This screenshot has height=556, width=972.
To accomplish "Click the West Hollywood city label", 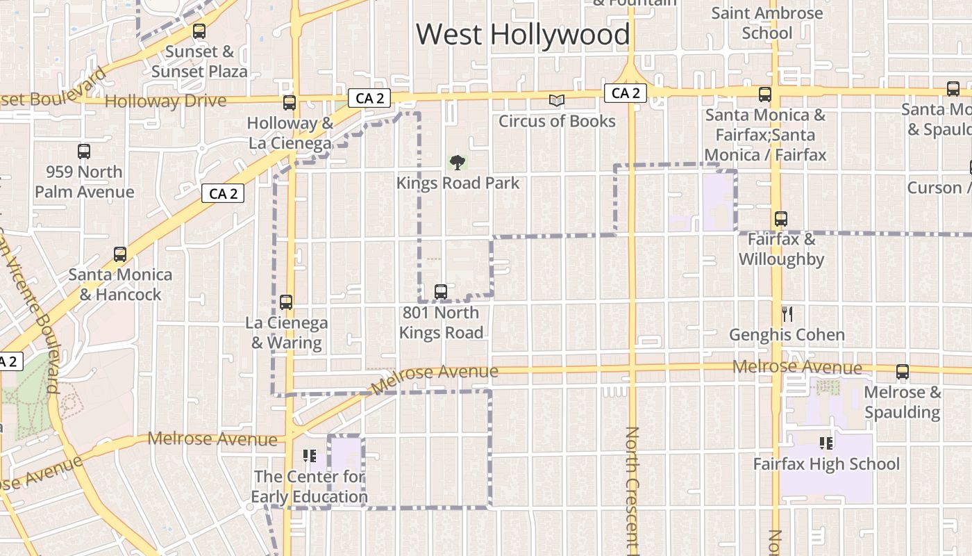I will coord(523,34).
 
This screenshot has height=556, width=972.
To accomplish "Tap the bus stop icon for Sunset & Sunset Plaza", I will coord(199,31).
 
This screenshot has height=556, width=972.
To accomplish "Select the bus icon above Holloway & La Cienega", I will coord(290,103).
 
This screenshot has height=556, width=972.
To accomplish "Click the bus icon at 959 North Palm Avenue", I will coord(84,151).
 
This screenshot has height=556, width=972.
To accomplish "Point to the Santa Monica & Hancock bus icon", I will coord(120,254).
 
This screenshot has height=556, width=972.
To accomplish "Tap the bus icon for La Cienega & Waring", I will coord(285,302).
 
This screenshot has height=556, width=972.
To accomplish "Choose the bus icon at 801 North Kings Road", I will coord(441,292).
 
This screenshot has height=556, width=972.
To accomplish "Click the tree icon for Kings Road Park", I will coord(457,163).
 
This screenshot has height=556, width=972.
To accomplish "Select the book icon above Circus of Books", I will coord(557,101).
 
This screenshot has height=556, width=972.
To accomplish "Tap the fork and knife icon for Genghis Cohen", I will coord(787,314).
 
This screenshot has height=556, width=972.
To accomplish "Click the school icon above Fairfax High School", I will coord(826,443).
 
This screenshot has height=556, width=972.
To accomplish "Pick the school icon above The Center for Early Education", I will coord(310,456).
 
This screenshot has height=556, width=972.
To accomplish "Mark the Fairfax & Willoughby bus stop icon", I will coord(781,219).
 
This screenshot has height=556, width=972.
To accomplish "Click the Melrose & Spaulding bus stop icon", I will coord(903,372).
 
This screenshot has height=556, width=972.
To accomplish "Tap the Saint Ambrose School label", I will coord(767,23).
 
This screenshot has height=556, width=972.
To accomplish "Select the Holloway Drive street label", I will coord(165,101).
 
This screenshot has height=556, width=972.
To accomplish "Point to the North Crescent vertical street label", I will coord(631,490).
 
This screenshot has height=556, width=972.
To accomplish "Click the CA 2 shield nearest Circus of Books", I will coord(625,93).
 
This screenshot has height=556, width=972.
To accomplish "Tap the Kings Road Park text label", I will coord(458,183).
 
